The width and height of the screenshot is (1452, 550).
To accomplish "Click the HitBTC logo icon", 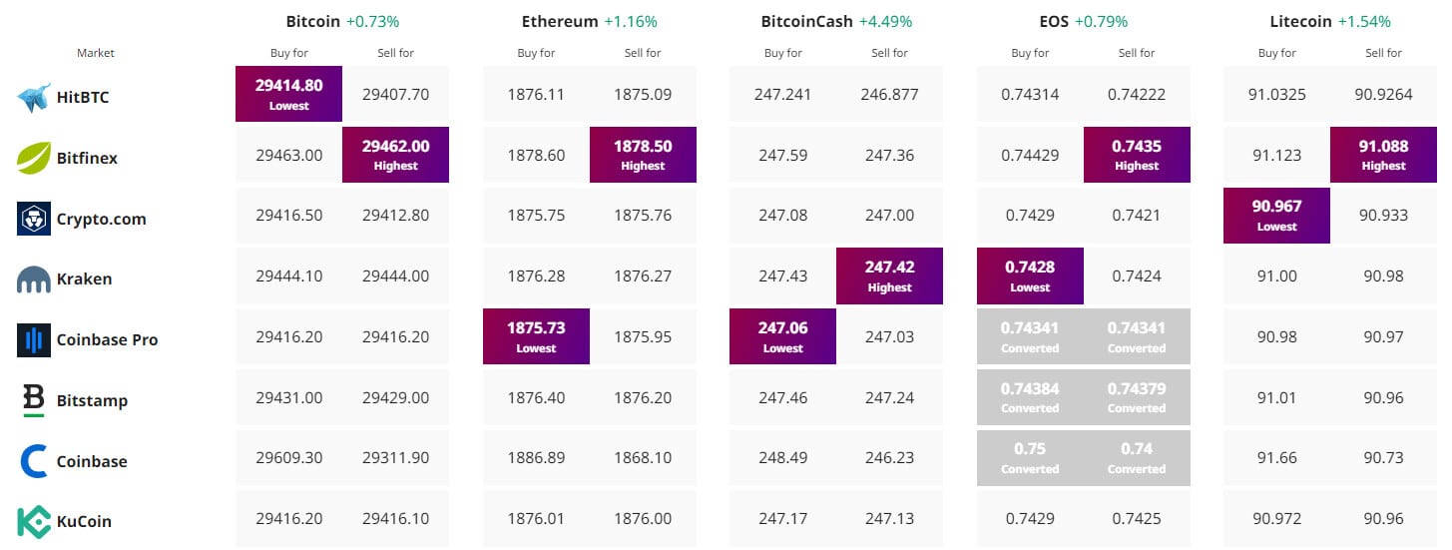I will point(34,98).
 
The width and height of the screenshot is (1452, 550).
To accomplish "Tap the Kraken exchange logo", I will point(34,279).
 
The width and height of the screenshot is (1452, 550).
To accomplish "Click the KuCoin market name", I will point(84,521).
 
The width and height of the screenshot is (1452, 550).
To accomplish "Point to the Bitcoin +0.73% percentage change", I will point(372,21).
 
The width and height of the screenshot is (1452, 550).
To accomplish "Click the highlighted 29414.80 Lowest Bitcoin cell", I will point(288,94).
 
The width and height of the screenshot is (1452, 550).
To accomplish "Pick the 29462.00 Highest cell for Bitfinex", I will point(395,155).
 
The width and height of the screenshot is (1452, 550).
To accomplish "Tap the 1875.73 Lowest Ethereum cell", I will point(536,336).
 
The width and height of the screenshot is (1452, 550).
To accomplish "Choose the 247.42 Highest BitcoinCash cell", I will point(889,275).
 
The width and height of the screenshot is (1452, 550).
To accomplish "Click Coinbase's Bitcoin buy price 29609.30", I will point(288,458).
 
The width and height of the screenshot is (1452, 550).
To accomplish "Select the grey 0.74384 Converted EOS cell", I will point(1030,397).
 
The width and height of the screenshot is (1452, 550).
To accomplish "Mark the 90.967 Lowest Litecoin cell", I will point(1276,216).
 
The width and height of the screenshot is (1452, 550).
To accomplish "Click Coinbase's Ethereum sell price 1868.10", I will point(643,458).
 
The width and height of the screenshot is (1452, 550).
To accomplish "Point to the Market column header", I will point(96,53).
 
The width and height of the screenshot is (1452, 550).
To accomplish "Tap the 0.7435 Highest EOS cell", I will point(1137,155).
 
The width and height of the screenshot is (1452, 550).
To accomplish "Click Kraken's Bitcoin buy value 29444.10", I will point(288,276).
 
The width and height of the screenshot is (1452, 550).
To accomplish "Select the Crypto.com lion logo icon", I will point(34,219).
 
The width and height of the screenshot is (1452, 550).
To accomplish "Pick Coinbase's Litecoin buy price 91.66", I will point(1276,458).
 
